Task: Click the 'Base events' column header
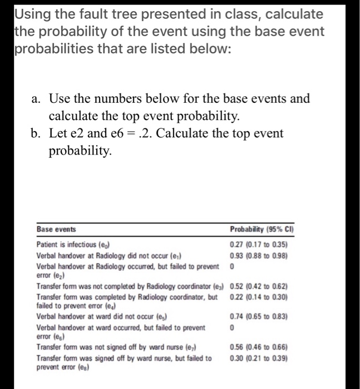point(56,229)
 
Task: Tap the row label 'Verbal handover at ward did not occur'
point(105,317)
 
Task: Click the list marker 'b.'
point(37,134)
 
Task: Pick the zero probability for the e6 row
point(231,328)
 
